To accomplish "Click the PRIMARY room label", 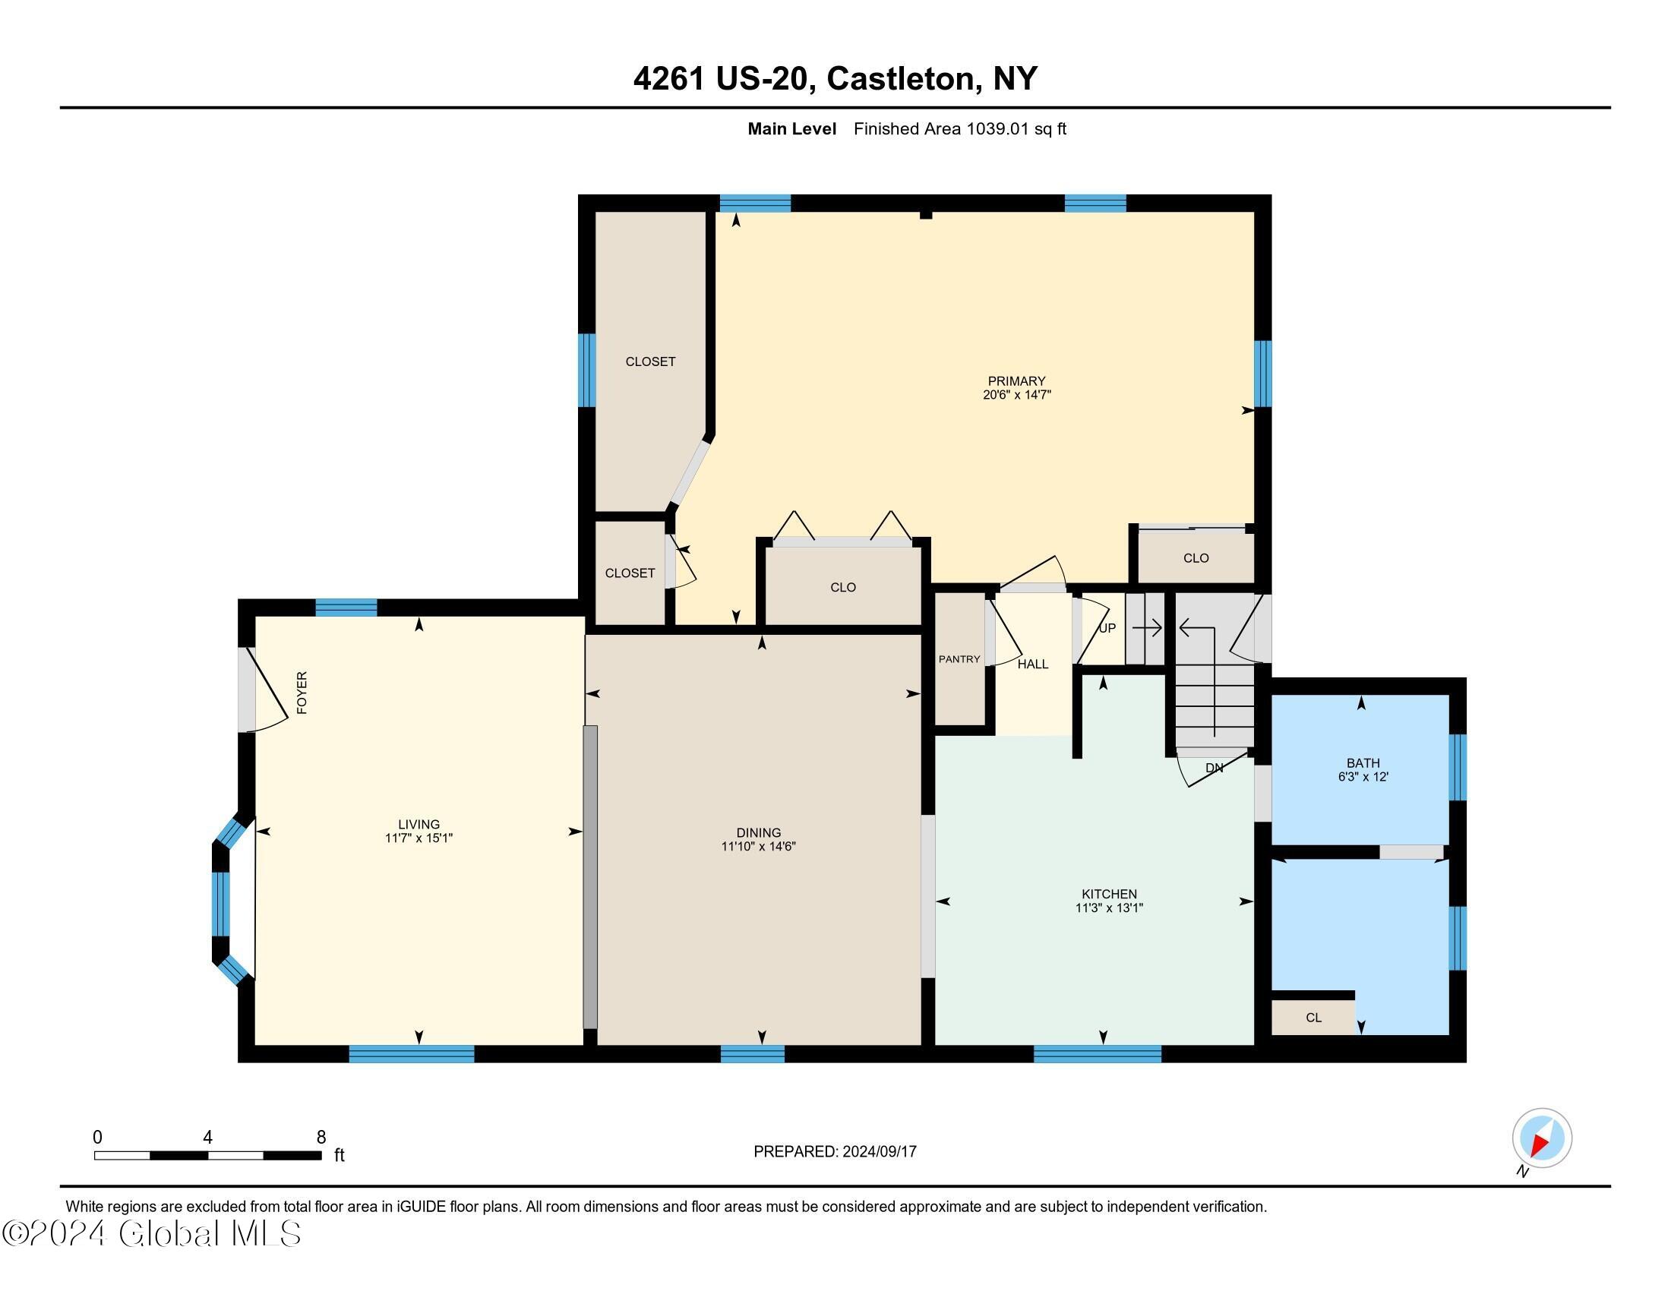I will [1016, 381].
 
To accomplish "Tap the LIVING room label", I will [419, 824].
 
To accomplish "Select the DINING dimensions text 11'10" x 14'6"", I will [758, 847].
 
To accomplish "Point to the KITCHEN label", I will [1109, 894].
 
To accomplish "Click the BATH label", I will [1363, 762].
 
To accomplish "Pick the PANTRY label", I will [959, 659].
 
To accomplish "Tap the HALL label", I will [1032, 664].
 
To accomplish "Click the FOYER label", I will [302, 693].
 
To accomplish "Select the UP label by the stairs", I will [1107, 628].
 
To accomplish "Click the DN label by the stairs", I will [1215, 768].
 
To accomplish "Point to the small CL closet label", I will [1314, 1018].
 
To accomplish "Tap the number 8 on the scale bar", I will [321, 1137].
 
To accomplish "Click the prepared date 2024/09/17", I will [878, 1152].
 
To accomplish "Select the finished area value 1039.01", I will [998, 129].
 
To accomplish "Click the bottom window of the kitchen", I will [1098, 1054].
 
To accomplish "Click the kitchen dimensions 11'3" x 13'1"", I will [1109, 908].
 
